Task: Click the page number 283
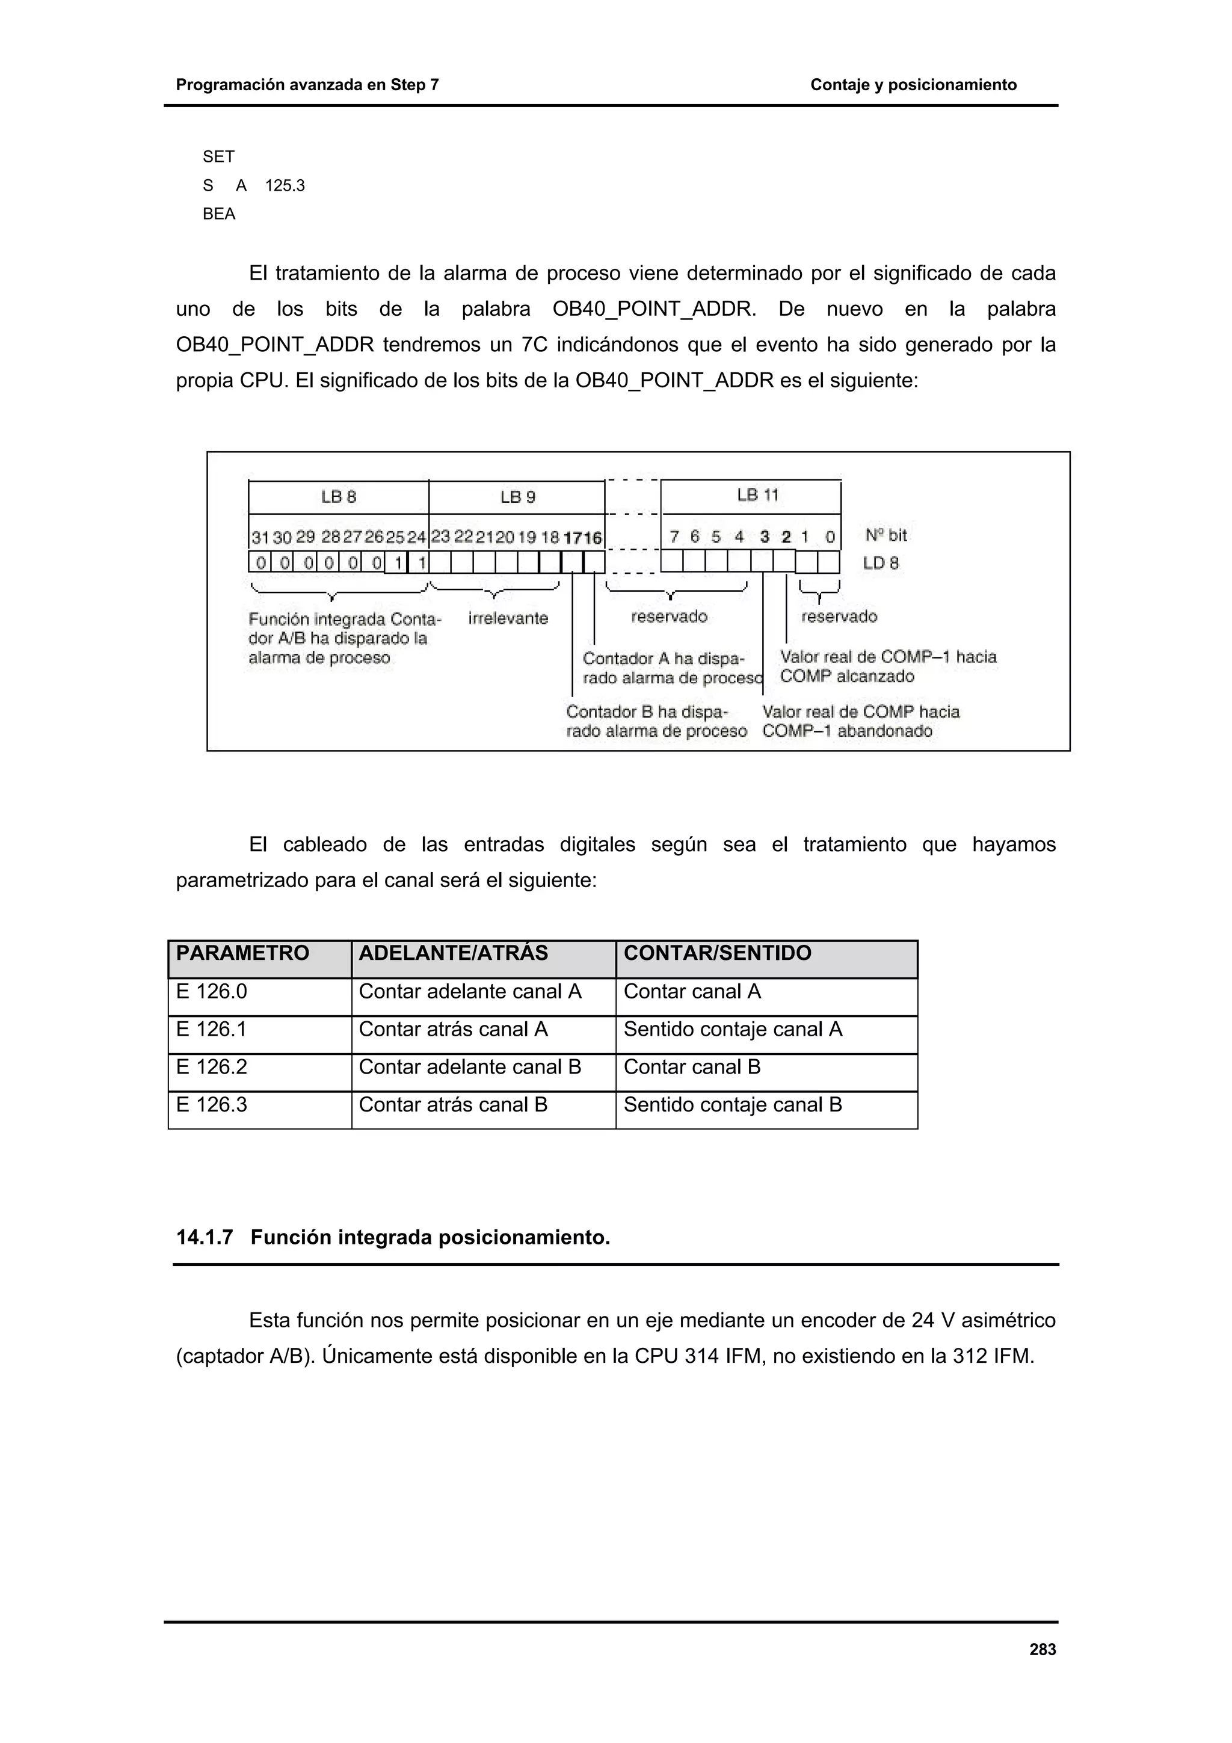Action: [x=1043, y=1650]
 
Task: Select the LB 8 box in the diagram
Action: [x=339, y=497]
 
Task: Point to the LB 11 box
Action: [x=751, y=496]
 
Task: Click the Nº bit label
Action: [x=886, y=535]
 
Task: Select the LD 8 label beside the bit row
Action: [x=881, y=564]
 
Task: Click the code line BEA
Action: [x=220, y=214]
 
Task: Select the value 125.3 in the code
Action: [x=285, y=186]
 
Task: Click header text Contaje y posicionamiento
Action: [x=913, y=85]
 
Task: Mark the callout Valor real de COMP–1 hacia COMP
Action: [x=887, y=666]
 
